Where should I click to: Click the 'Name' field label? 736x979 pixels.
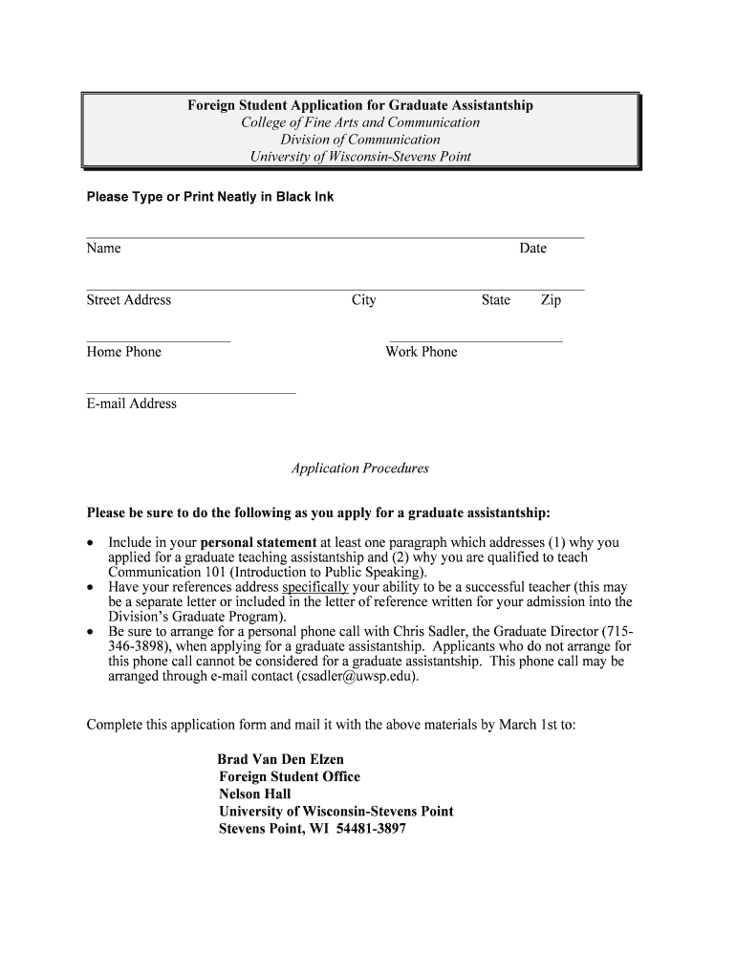(x=103, y=249)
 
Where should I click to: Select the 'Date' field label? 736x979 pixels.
(x=532, y=249)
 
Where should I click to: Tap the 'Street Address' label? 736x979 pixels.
(x=129, y=300)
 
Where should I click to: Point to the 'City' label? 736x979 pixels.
(x=364, y=300)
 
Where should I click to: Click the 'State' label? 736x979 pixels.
(x=496, y=300)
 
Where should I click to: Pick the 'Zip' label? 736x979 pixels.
(x=551, y=300)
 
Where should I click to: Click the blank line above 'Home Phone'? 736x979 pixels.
(x=159, y=340)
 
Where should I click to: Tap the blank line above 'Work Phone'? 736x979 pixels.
(x=474, y=340)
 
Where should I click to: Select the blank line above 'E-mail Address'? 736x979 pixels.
(x=191, y=392)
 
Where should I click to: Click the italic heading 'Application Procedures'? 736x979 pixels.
(x=360, y=468)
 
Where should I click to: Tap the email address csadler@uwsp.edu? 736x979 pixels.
(x=357, y=676)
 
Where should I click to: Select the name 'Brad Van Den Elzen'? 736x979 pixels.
(x=281, y=759)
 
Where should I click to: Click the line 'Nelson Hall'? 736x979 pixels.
(x=255, y=794)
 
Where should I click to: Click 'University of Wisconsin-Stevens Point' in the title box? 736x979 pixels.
(x=360, y=157)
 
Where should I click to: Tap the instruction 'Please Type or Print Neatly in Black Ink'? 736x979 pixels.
(x=210, y=197)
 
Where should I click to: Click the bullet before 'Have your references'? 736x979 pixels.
(x=92, y=587)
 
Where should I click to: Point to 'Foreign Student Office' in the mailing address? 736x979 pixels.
(x=290, y=776)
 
